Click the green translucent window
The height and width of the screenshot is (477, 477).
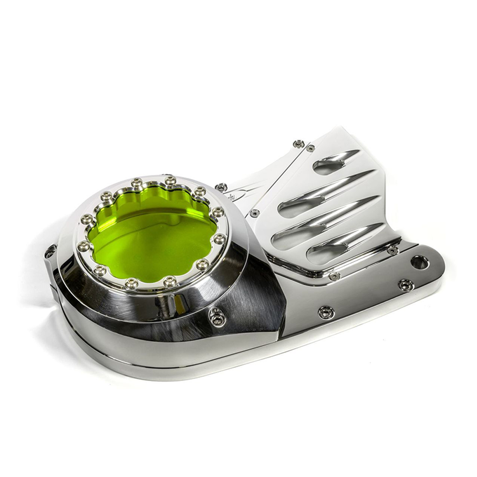coord(152,234)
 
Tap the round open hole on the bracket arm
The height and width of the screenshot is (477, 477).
coord(420,262)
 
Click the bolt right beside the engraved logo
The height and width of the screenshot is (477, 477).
coord(221,187)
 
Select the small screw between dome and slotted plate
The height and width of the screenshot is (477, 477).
coord(255,213)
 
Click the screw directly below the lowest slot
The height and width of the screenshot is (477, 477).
coord(334,276)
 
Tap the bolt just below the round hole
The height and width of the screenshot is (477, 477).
coord(405,285)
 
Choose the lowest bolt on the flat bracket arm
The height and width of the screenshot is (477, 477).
coord(326,312)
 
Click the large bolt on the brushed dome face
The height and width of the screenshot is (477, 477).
coord(217,316)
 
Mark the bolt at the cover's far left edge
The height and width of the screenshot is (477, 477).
coord(50,251)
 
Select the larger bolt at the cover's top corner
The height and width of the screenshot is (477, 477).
coord(299,144)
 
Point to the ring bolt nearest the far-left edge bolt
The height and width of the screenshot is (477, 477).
coord(84,246)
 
